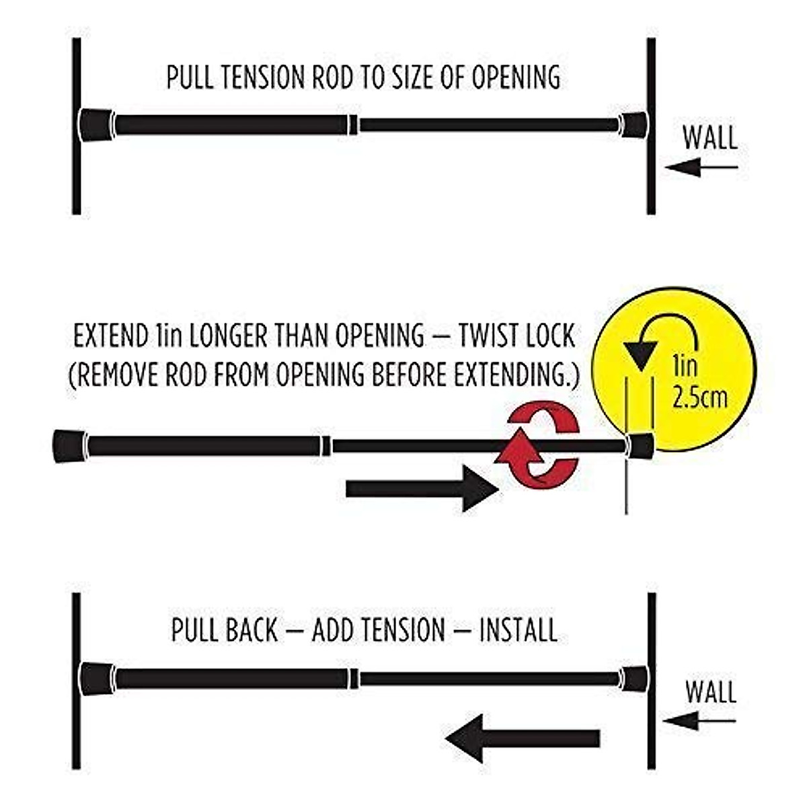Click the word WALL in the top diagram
[709, 138]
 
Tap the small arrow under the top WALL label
[701, 167]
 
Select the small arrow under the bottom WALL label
[699, 722]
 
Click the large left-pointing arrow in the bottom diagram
[522, 738]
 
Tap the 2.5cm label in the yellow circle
[699, 397]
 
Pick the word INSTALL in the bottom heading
[518, 631]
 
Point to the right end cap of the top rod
[633, 124]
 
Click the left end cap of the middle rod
[69, 446]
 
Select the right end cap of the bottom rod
[633, 679]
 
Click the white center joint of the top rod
[354, 124]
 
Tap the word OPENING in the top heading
[516, 77]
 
